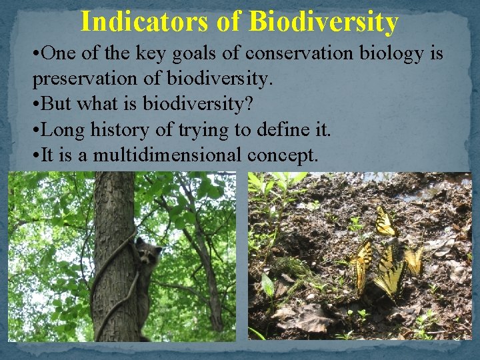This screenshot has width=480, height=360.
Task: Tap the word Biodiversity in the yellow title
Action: (x=323, y=21)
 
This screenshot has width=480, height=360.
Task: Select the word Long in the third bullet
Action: (x=63, y=130)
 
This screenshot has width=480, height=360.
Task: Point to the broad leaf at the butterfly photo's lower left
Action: (x=267, y=286)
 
